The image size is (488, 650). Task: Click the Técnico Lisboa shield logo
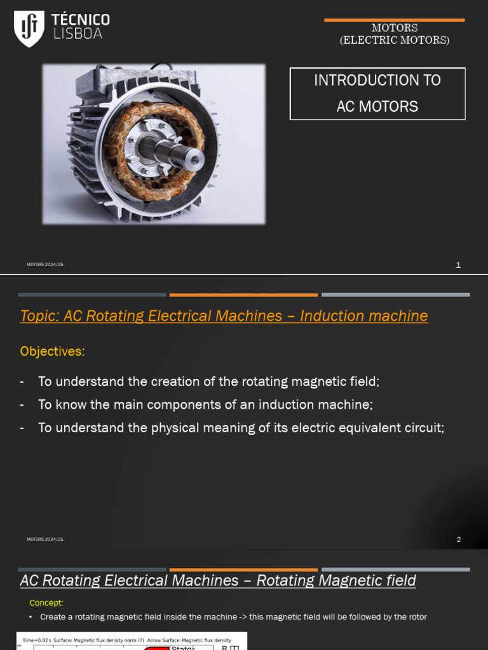(x=29, y=28)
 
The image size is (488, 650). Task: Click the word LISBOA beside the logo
(x=78, y=34)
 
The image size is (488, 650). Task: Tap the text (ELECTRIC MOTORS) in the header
(x=394, y=40)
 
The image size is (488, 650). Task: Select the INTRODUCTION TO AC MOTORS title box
(x=377, y=93)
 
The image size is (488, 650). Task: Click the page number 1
(x=458, y=265)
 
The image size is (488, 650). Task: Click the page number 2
(x=458, y=540)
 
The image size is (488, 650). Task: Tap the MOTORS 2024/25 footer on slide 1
(x=44, y=264)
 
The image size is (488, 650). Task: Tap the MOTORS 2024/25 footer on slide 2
(x=44, y=539)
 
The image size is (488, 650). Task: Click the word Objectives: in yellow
(x=52, y=351)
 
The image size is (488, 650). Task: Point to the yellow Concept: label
(x=46, y=602)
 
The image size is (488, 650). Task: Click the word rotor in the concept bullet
(x=417, y=616)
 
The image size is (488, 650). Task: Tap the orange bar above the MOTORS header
(x=394, y=20)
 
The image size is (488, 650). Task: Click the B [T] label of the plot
(x=230, y=647)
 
